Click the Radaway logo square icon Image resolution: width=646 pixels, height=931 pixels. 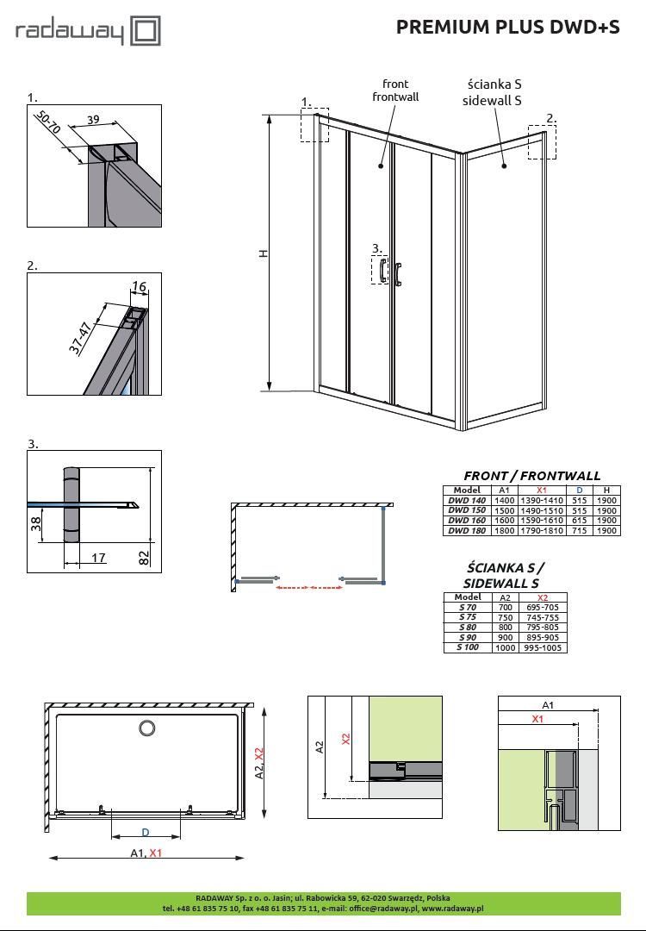coord(147,32)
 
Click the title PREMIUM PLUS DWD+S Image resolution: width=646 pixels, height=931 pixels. coord(507,27)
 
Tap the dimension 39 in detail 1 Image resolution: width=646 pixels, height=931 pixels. coord(93,120)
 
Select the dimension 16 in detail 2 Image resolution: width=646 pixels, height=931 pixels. coord(139,287)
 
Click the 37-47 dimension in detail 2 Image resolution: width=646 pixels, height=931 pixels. coord(80,337)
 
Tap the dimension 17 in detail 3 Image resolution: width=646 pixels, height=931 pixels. coord(98,558)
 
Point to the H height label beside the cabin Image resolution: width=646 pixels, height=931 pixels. coord(264,253)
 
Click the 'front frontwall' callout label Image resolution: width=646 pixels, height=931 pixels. coord(395,91)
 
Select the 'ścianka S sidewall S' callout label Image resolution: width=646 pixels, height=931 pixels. coord(494,92)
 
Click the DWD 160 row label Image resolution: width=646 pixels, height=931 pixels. coord(467,521)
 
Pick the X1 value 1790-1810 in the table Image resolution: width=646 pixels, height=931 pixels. coord(542,531)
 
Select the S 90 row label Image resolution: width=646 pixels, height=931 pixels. coord(468,637)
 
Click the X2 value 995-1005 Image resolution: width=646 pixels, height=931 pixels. coord(543,647)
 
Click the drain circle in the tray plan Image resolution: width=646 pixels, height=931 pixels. coord(146,729)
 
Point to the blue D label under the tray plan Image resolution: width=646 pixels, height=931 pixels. coord(146,832)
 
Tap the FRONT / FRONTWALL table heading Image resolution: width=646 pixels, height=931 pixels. coord(531,475)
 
